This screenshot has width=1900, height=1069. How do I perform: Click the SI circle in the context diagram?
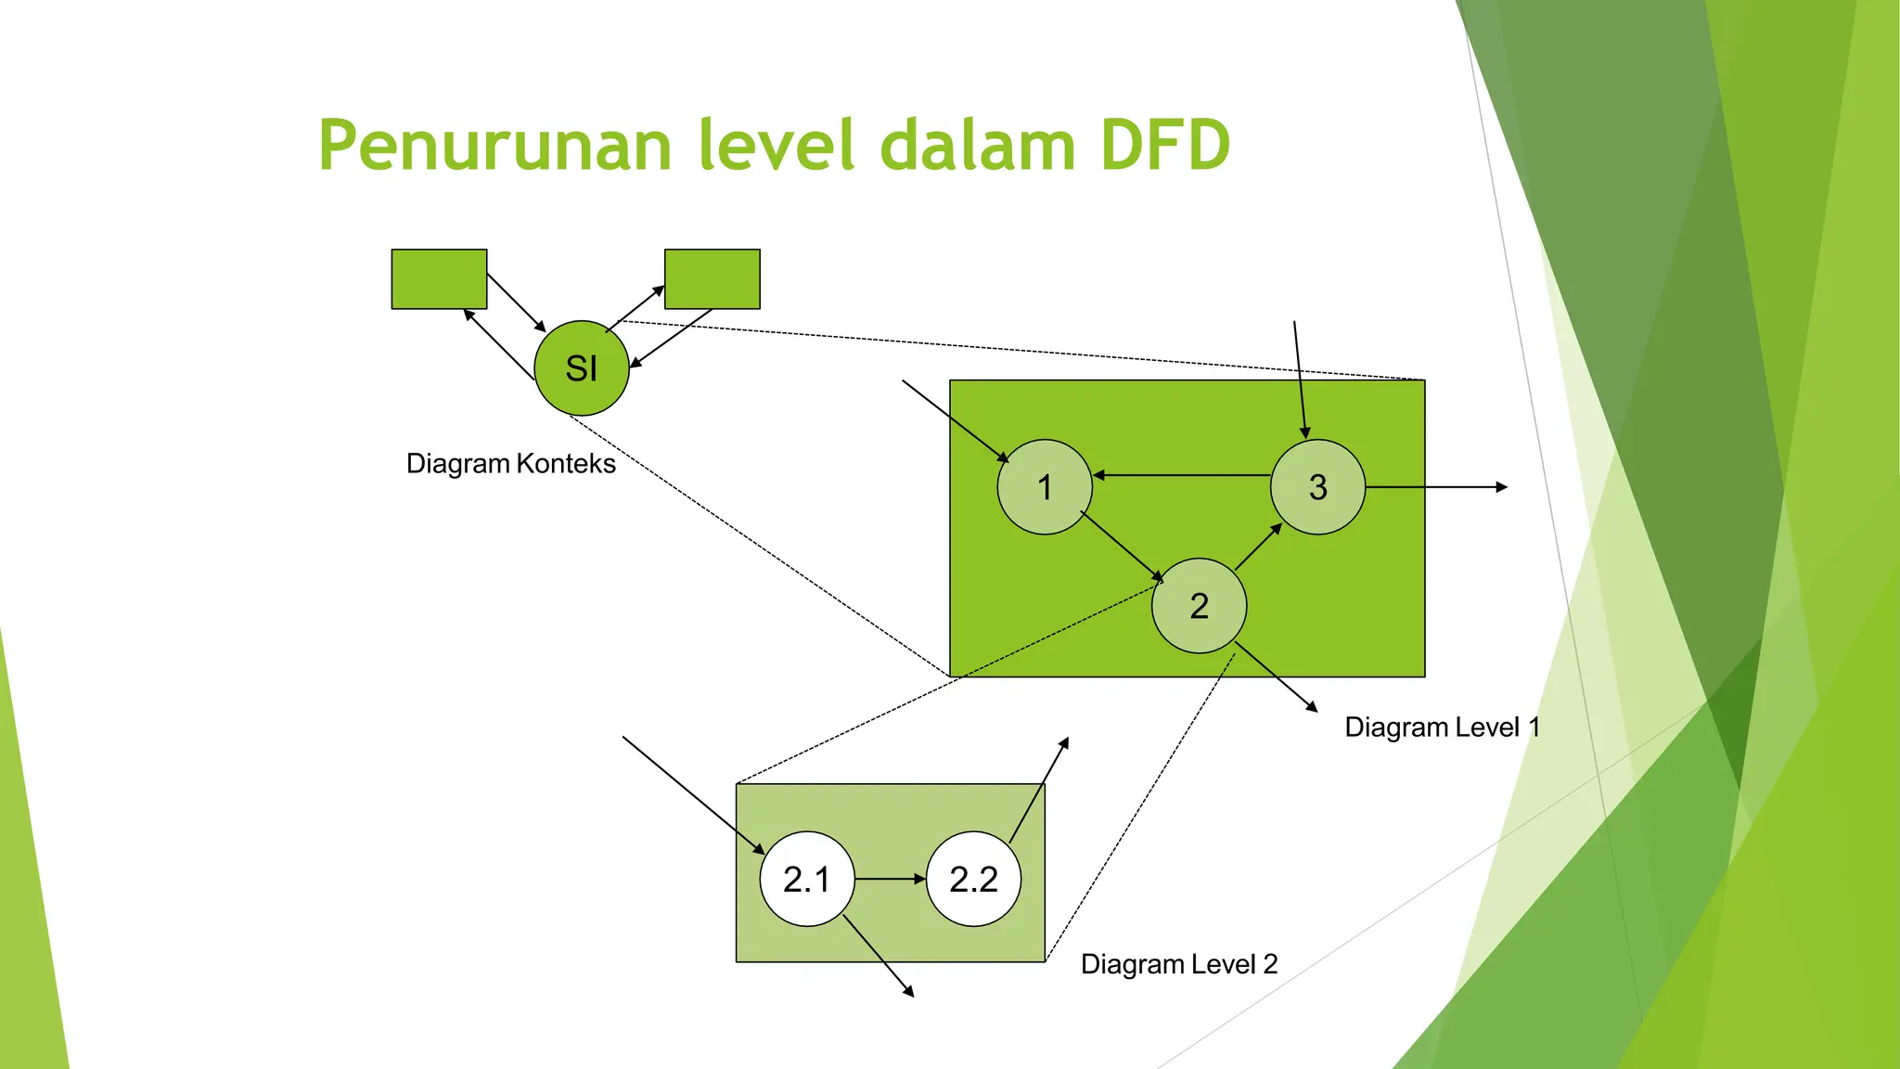pyautogui.click(x=582, y=368)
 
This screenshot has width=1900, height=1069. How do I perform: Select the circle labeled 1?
pyautogui.click(x=1045, y=487)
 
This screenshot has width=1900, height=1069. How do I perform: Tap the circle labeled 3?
pyautogui.click(x=1317, y=487)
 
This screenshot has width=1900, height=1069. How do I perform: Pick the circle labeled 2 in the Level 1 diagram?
pyautogui.click(x=1199, y=606)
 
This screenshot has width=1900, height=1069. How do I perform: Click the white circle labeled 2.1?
pyautogui.click(x=806, y=879)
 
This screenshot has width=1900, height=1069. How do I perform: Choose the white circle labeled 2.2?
pyautogui.click(x=973, y=879)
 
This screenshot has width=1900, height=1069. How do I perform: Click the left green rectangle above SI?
pyautogui.click(x=439, y=278)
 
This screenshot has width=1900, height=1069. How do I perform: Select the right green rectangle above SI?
pyautogui.click(x=712, y=278)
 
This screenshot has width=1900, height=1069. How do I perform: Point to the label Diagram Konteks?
pyautogui.click(x=510, y=463)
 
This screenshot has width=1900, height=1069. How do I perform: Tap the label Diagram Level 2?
pyautogui.click(x=1179, y=964)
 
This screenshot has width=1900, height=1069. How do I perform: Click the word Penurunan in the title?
pyautogui.click(x=494, y=147)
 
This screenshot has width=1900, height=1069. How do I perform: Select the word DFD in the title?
pyautogui.click(x=1165, y=147)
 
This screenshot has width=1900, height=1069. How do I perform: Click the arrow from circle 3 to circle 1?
pyautogui.click(x=1182, y=475)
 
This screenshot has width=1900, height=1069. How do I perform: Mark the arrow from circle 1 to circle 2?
pyautogui.click(x=1122, y=547)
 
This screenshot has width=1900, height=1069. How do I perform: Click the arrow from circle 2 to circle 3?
pyautogui.click(x=1258, y=547)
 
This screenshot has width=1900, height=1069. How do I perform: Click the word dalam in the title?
pyautogui.click(x=977, y=147)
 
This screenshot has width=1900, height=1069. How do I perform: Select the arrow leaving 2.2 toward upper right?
pyautogui.click(x=1039, y=790)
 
